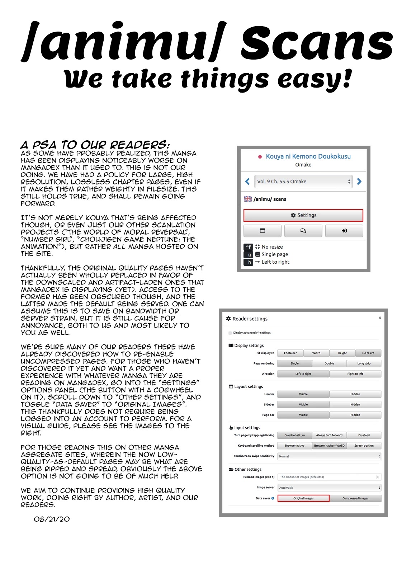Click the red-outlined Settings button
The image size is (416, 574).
[303, 215]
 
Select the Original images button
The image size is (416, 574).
[303, 498]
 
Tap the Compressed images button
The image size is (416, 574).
[355, 498]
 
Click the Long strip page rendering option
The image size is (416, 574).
[364, 363]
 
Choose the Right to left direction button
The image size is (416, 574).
[355, 374]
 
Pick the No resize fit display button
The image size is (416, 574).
[368, 353]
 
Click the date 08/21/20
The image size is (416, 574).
[52, 519]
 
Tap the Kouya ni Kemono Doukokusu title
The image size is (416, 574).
[308, 156]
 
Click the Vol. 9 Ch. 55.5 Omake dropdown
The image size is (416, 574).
[303, 182]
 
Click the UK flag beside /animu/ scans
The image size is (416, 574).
[247, 199]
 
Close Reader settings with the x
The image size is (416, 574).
[380, 318]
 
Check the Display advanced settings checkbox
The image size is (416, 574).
[230, 333]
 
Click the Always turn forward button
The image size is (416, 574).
[329, 435]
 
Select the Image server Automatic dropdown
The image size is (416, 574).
[329, 488]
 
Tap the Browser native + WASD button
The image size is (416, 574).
[329, 446]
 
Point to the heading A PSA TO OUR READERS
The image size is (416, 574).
[95, 145]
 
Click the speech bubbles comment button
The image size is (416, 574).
[303, 231]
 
